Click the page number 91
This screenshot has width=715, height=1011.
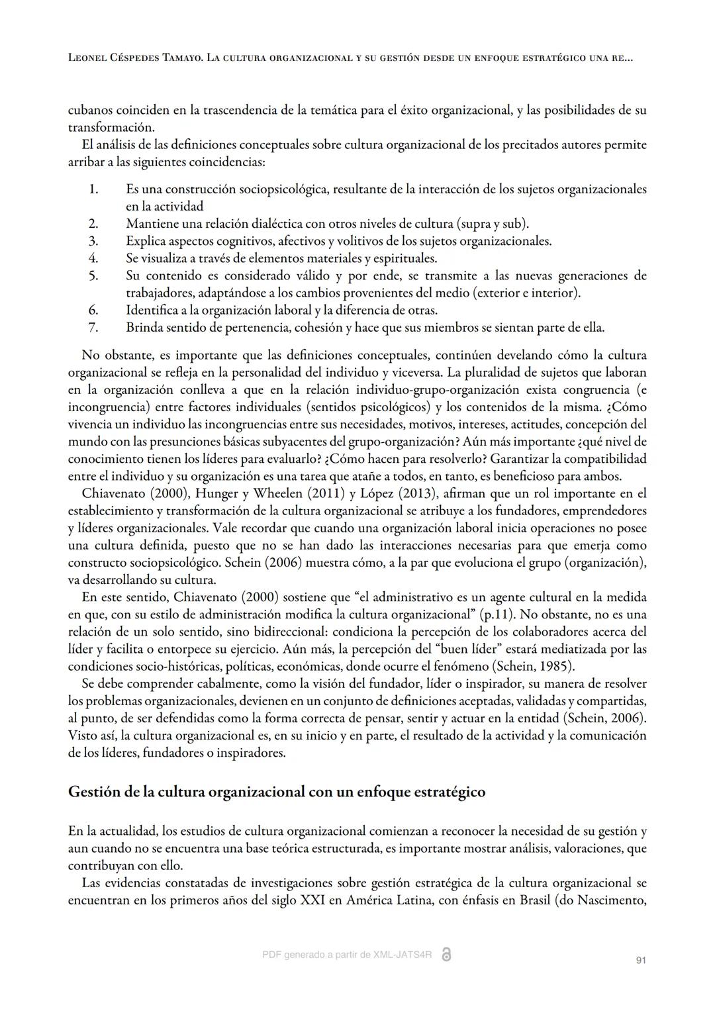(x=640, y=960)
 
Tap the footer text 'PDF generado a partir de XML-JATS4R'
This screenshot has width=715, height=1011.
(x=347, y=955)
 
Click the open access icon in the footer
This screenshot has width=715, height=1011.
(x=446, y=954)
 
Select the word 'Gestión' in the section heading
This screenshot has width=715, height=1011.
(x=93, y=792)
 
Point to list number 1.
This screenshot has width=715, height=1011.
(x=93, y=189)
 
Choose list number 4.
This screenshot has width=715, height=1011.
(x=93, y=258)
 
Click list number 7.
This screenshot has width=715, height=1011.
(x=93, y=327)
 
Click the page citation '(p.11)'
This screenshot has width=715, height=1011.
(x=497, y=614)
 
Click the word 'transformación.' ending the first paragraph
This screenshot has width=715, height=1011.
(x=111, y=127)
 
